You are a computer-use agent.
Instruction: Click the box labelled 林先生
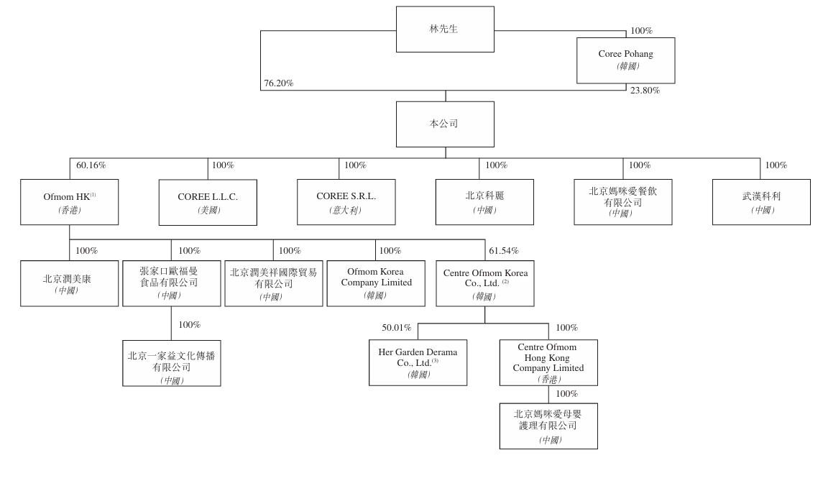(445, 29)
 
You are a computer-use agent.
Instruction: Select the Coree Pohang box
(625, 60)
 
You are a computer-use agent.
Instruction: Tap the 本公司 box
(445, 124)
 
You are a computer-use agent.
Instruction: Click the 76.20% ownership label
(278, 83)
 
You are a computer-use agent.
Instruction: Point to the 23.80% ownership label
(645, 91)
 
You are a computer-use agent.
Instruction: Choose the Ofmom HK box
(69, 202)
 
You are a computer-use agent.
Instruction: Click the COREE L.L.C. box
(208, 202)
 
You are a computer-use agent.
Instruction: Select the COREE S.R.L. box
(346, 202)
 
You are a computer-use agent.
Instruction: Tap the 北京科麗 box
(484, 202)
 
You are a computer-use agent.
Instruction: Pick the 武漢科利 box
(761, 202)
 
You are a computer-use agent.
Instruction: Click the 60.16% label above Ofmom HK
(91, 165)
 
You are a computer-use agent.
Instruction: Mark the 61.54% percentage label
(504, 251)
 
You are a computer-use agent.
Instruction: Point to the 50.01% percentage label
(396, 328)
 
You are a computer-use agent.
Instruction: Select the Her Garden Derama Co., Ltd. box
(418, 362)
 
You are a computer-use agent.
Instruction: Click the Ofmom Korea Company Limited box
(375, 283)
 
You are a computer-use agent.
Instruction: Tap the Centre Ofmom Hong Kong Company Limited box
(548, 362)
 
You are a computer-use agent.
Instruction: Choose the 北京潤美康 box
(69, 283)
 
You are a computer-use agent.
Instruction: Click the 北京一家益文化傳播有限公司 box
(171, 363)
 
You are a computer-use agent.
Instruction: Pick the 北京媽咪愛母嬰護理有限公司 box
(548, 426)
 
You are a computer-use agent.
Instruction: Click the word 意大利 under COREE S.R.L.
(346, 211)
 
